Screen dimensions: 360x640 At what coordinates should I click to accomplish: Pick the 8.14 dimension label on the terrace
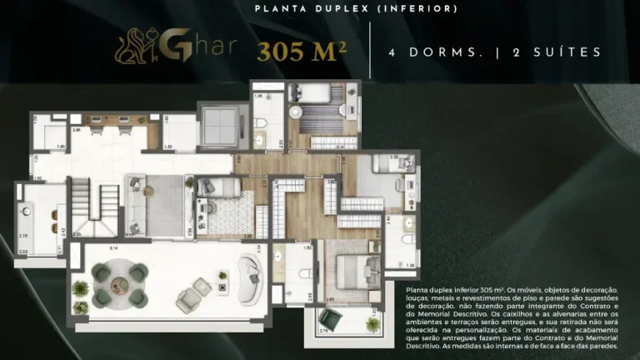click(x=114, y=248)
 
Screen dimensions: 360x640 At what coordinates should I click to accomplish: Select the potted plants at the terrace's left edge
click(x=80, y=288)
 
